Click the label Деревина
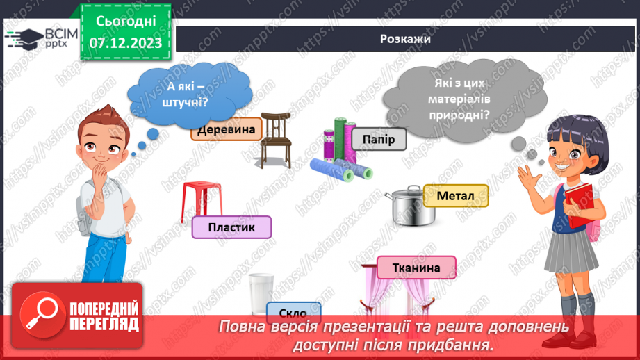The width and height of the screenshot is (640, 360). point(225,129)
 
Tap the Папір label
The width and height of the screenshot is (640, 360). point(378,140)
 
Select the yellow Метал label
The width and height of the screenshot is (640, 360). point(455,196)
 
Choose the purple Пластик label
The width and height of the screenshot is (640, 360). point(231,227)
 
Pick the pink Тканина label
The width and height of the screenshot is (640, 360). point(416,268)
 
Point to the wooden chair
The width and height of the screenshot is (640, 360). point(276,138)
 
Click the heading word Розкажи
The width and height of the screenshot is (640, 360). point(406,39)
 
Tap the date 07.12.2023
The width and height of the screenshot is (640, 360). point(127,43)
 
